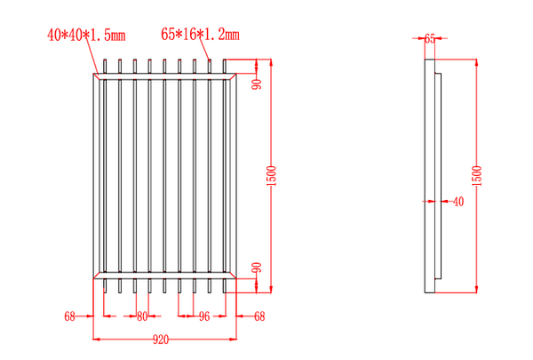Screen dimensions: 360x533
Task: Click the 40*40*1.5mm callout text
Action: (x=86, y=36)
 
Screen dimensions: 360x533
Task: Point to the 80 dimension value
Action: (x=142, y=316)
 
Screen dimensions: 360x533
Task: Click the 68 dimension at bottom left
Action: (x=70, y=316)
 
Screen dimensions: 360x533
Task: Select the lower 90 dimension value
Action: (x=257, y=268)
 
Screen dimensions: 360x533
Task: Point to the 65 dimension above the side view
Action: (x=430, y=38)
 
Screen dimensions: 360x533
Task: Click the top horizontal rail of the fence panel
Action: (x=164, y=77)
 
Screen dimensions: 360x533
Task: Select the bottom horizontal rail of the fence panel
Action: (x=164, y=274)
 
